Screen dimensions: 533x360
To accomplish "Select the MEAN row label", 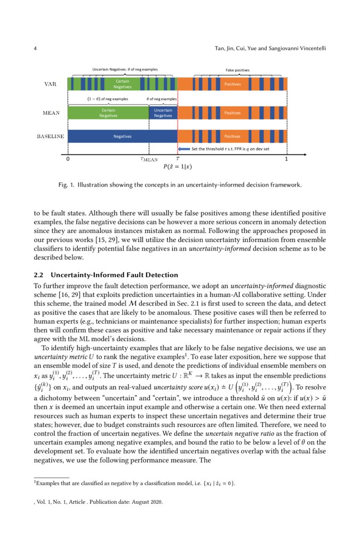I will pyautogui.click(x=51, y=113).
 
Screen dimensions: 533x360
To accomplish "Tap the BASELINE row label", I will pyautogui.click(x=50, y=136).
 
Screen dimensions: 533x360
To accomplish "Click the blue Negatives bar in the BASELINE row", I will pyautogui.click(x=122, y=136).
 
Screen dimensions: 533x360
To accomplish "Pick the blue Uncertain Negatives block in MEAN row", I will pyautogui.click(x=163, y=113).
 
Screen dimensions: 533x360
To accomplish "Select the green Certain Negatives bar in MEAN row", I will pyautogui.click(x=108, y=113).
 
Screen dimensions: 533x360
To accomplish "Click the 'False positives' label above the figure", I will pyautogui.click(x=237, y=70).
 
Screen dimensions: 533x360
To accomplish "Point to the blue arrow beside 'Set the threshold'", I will pyautogui.click(x=184, y=149).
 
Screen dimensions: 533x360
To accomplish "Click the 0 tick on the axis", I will pyautogui.click(x=68, y=159).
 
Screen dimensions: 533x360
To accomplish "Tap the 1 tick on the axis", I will pyautogui.click(x=287, y=159).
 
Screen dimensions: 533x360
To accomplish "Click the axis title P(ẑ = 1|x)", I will pyautogui.click(x=177, y=167).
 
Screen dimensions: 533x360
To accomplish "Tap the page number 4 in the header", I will pyautogui.click(x=35, y=49).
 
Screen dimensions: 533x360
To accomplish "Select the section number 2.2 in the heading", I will pyautogui.click(x=39, y=275).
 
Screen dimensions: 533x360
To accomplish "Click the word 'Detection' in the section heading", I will pyautogui.click(x=161, y=275).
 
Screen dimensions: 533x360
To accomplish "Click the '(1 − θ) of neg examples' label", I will pyautogui.click(x=108, y=99).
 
